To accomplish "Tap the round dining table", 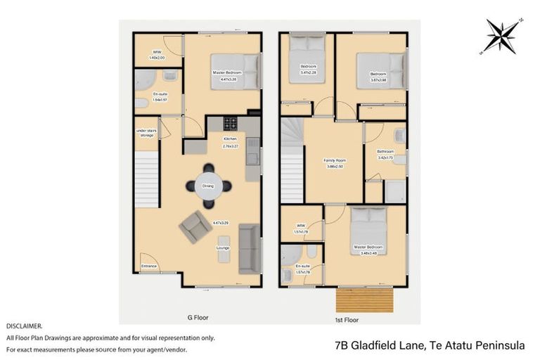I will click(209, 186).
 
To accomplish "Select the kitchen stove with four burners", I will click(231, 124).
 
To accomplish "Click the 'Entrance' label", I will click(148, 266).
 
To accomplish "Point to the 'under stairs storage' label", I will click(146, 133).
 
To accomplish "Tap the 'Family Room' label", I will click(334, 161).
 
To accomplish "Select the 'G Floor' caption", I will click(198, 318).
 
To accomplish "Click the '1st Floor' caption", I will click(347, 319).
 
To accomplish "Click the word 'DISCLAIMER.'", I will click(24, 326).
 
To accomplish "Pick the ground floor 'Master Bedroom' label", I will click(227, 73).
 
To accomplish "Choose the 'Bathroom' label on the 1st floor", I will click(385, 151).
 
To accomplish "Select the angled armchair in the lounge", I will click(195, 227).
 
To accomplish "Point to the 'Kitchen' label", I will click(231, 139).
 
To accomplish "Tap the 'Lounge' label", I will click(223, 247).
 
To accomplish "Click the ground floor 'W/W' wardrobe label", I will click(158, 52).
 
